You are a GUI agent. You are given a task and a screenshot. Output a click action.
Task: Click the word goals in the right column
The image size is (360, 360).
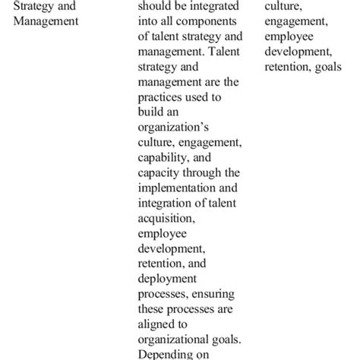[327, 68]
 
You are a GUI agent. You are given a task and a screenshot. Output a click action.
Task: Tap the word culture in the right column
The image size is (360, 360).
[283, 7]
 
